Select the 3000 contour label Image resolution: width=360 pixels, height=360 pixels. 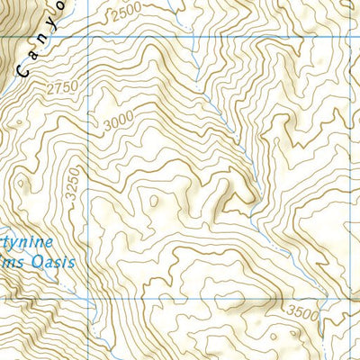118,122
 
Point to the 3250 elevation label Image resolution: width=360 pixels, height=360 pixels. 73,188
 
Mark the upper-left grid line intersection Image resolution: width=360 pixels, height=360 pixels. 89,39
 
